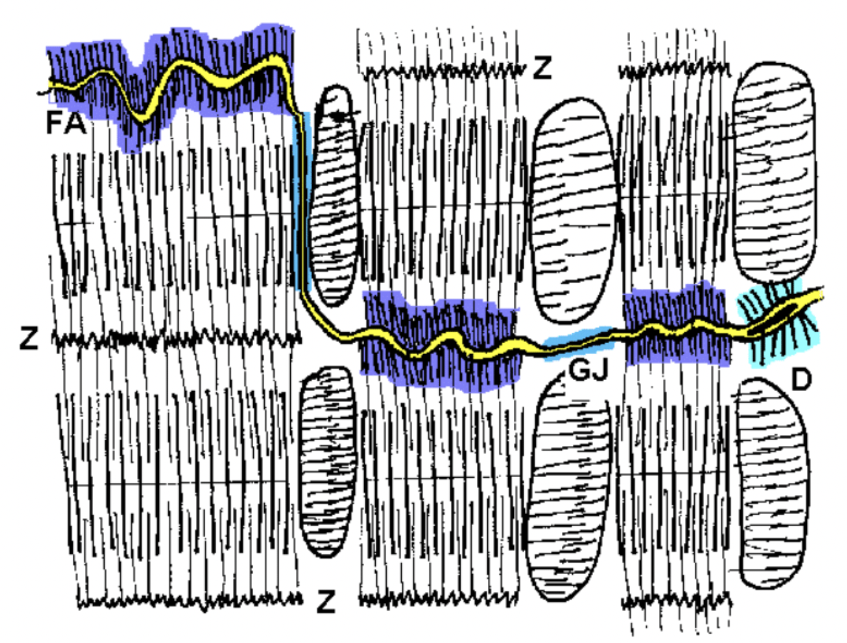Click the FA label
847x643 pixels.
pos(66,122)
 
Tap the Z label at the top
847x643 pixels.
pos(542,67)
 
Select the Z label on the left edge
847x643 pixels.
pos(29,338)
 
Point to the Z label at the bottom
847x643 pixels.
pos(326,601)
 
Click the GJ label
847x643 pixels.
pos(588,369)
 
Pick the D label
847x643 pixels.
pos(801,380)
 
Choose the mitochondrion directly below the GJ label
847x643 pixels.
pos(568,491)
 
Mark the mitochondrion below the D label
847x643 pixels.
pos(773,482)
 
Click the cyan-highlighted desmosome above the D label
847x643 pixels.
pos(777,322)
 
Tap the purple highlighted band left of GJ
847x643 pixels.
pos(440,341)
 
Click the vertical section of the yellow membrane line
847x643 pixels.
pos(298,204)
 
